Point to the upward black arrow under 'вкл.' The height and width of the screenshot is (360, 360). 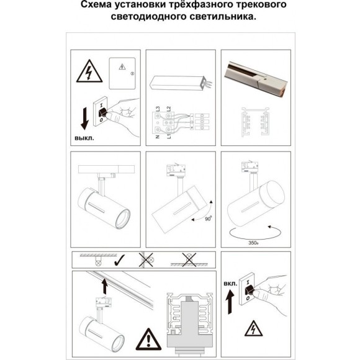pyautogui.click(x=229, y=306)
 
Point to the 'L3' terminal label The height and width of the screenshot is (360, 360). pyautogui.click(x=160, y=110)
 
